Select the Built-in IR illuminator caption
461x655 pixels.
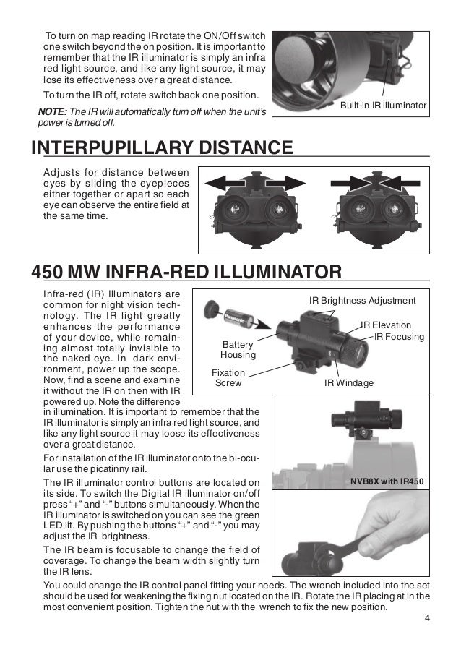pyautogui.click(x=384, y=106)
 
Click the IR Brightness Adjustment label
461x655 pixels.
pyautogui.click(x=362, y=300)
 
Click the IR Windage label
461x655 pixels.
pyautogui.click(x=349, y=382)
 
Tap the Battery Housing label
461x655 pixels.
pyautogui.click(x=238, y=351)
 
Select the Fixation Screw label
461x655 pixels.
pyautogui.click(x=229, y=377)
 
